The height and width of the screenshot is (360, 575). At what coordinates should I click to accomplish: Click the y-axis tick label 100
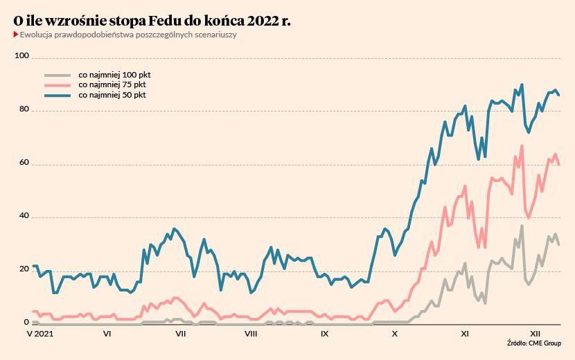coord(22,56)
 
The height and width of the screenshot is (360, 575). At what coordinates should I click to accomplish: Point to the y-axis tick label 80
coord(24,109)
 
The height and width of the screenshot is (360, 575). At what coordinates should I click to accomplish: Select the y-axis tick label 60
coord(24,163)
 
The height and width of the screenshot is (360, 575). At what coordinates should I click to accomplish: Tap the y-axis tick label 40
coord(24,216)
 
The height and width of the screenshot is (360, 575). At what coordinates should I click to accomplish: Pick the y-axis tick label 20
coord(24,269)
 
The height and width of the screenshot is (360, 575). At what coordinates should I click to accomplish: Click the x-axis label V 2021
coord(39,334)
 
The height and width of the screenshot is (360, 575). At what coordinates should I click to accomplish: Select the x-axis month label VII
coord(181,334)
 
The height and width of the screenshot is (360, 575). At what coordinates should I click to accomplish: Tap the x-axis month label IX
coord(324,334)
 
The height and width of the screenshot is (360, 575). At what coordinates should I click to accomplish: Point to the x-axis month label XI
coord(465,334)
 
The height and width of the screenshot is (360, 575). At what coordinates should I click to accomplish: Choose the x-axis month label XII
coord(536,334)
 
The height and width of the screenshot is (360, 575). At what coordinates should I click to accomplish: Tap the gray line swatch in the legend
coord(57,75)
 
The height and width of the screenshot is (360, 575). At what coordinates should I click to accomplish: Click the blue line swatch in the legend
coord(57,95)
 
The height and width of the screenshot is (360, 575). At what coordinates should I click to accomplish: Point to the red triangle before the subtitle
coord(15,35)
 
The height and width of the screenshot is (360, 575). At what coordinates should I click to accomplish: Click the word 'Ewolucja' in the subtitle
coord(36,35)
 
